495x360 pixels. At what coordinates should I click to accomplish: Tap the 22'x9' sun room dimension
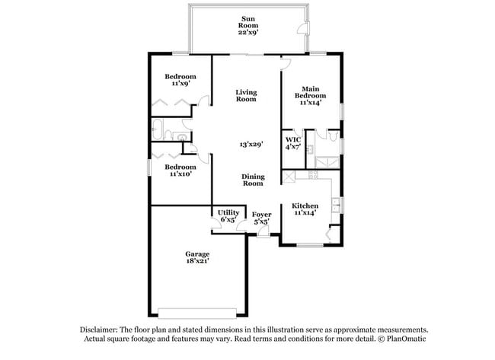tap(248, 33)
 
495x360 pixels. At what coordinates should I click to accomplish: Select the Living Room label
tap(246, 96)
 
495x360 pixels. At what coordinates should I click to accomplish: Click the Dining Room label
tap(253, 179)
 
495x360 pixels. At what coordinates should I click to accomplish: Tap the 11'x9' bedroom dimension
tap(180, 83)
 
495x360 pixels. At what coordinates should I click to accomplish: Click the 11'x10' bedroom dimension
tap(180, 174)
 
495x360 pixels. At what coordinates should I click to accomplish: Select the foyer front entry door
tap(263, 233)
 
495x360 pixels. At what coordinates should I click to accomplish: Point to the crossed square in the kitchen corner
tap(288, 177)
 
